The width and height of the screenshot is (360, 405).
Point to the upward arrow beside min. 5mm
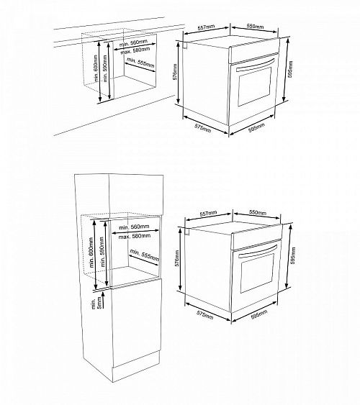[103, 300]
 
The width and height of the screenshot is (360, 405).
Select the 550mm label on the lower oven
[258, 212]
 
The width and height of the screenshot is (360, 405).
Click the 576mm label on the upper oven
[175, 72]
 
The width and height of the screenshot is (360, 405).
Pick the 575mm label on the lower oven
[205, 314]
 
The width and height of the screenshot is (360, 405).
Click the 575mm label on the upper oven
[202, 128]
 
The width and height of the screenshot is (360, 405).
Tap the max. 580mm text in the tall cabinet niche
[135, 236]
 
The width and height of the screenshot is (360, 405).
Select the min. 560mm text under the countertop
[134, 44]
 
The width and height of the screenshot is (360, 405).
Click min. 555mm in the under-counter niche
[141, 63]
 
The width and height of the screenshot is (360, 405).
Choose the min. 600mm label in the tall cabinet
[91, 252]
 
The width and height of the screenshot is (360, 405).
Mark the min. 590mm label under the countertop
[105, 68]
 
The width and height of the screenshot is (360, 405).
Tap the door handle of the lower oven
[258, 252]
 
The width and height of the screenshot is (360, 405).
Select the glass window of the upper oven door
[255, 86]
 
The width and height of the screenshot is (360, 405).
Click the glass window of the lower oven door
[258, 273]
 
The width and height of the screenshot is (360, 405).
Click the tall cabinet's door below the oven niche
[137, 322]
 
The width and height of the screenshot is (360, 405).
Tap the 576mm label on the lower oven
[177, 258]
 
